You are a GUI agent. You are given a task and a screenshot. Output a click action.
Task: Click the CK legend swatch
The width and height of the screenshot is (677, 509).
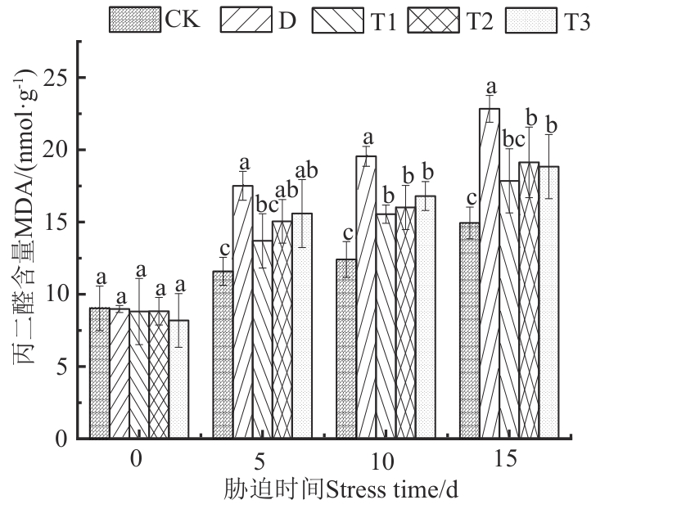click(x=135, y=20)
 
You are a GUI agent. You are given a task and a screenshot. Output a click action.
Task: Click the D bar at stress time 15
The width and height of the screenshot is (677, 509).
click(x=490, y=274)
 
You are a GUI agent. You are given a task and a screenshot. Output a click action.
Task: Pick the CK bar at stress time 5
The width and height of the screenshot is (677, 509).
click(x=223, y=355)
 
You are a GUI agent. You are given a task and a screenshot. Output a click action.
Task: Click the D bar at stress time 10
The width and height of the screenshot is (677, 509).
click(x=366, y=298)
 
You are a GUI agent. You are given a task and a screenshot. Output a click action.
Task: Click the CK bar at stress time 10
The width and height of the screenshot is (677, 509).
click(x=346, y=349)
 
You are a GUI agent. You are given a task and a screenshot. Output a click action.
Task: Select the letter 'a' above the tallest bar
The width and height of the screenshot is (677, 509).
click(x=491, y=87)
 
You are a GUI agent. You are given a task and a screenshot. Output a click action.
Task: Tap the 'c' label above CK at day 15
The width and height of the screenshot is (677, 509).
click(x=469, y=199)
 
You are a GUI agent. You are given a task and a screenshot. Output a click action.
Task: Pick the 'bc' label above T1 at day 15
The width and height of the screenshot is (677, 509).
click(x=511, y=139)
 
